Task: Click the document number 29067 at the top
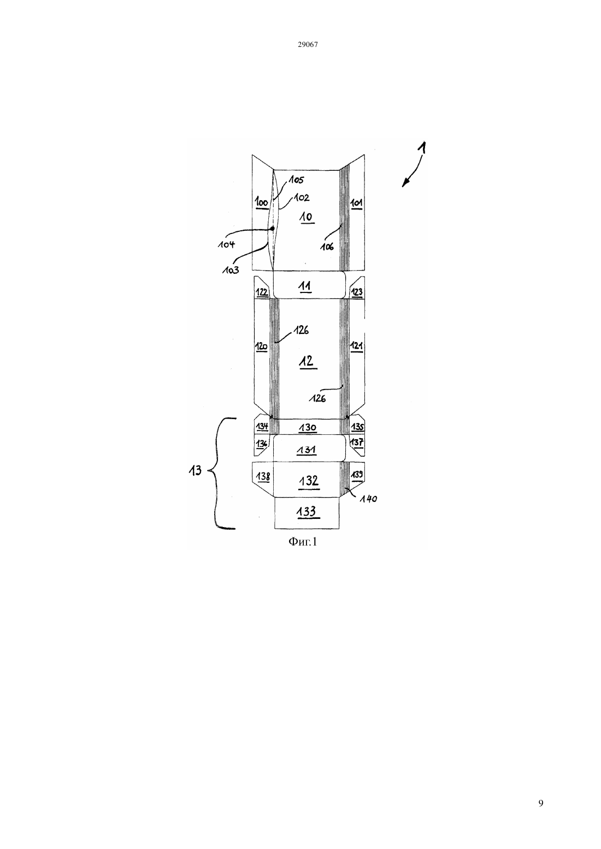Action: (x=308, y=45)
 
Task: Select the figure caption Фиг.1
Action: (x=302, y=542)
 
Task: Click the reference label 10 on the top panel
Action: (x=306, y=217)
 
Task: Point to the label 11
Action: (x=305, y=286)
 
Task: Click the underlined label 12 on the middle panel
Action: (x=307, y=362)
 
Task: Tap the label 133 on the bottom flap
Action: (x=307, y=512)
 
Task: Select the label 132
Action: (x=308, y=481)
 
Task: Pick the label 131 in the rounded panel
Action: (x=306, y=450)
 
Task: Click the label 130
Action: (x=307, y=428)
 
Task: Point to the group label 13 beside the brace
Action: (x=196, y=471)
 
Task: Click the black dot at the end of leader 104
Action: (x=273, y=229)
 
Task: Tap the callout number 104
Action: (x=226, y=244)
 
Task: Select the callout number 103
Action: (x=231, y=270)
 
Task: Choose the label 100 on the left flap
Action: (x=261, y=202)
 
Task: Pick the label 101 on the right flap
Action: (x=356, y=203)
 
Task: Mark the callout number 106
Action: (x=327, y=247)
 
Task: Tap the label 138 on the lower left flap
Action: (x=263, y=476)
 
